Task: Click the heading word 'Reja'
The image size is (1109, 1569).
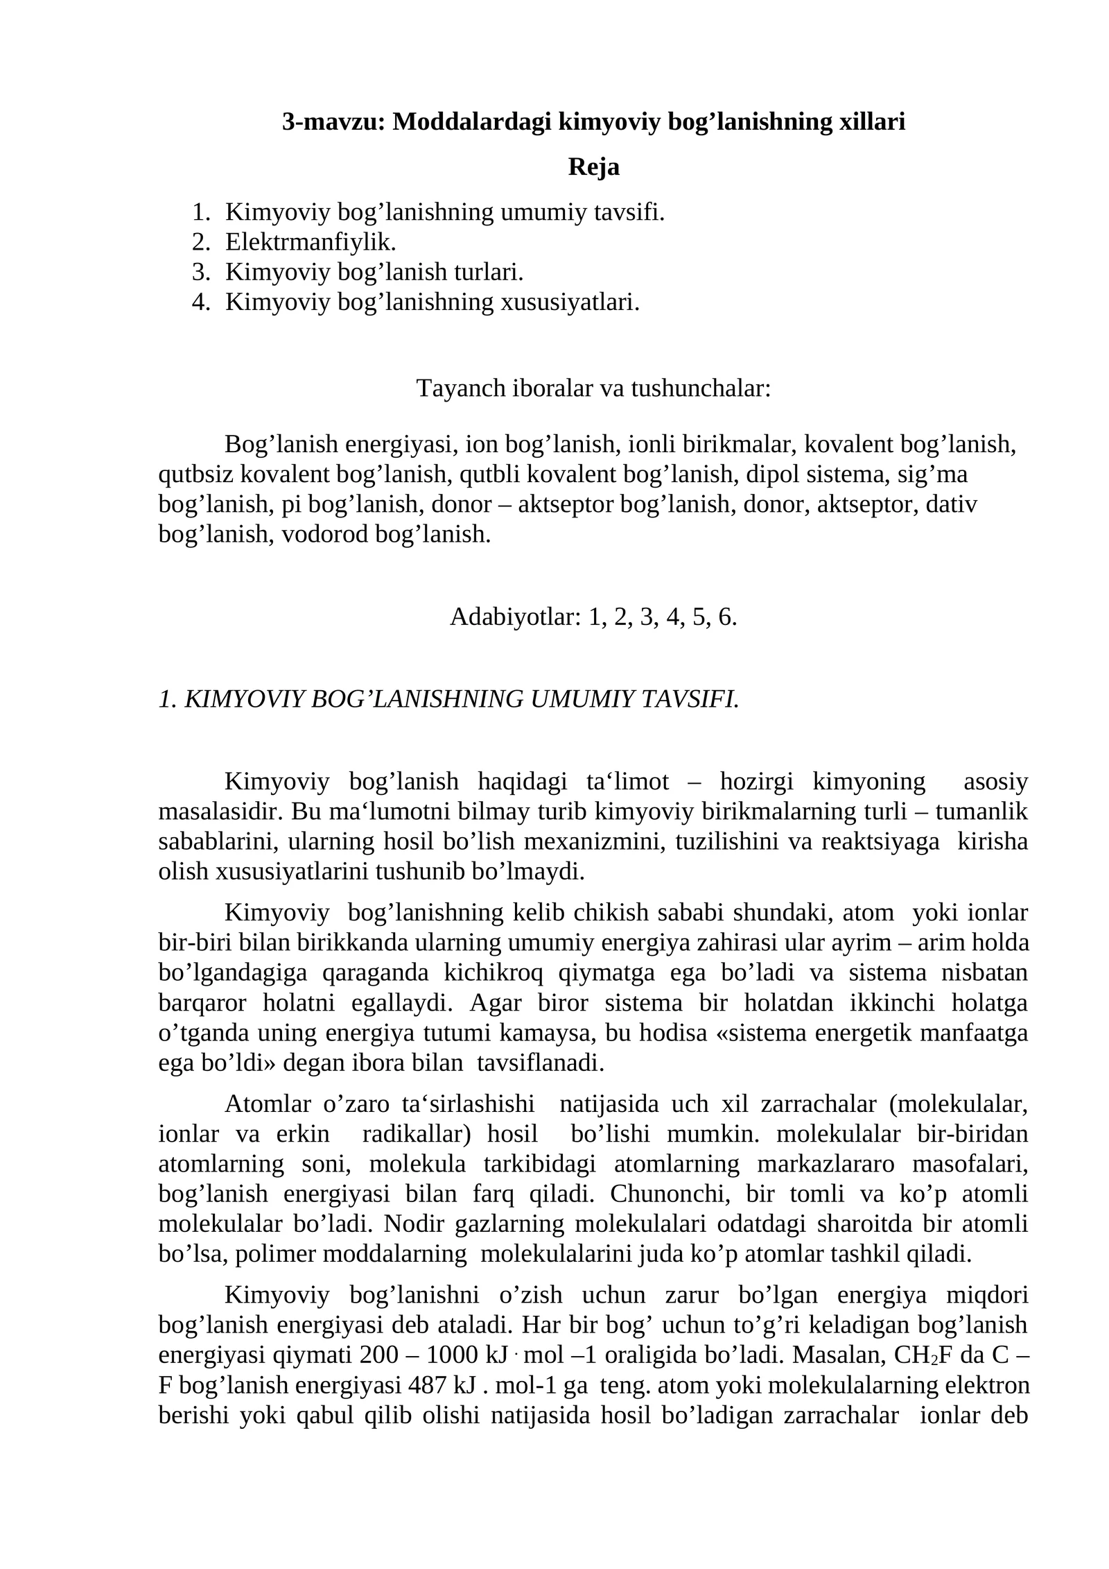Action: [x=593, y=167]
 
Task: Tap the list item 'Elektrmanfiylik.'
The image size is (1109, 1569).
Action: [x=311, y=242]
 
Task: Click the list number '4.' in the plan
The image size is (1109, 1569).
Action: [x=201, y=302]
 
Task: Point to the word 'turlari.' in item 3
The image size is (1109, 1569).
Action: [x=489, y=272]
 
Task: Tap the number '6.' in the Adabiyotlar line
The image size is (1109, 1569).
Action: [x=727, y=616]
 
